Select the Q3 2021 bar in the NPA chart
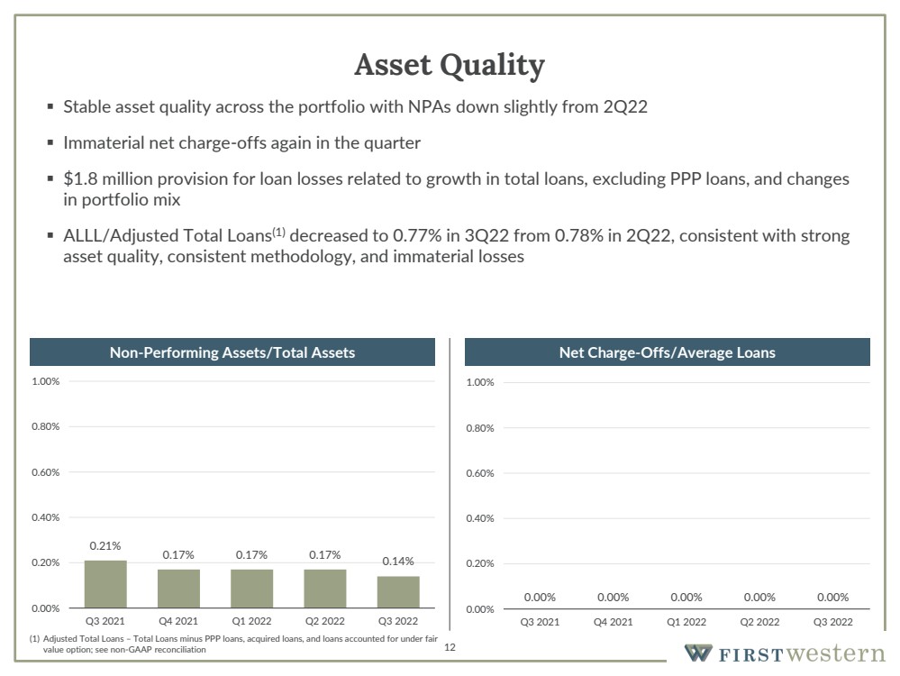click(x=105, y=584)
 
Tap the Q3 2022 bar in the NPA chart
click(x=398, y=591)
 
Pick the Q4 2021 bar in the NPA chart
click(x=179, y=589)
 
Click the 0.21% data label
click(x=105, y=545)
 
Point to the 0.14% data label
click(x=398, y=562)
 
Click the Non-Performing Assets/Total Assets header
click(x=232, y=352)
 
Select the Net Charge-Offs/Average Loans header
click(x=667, y=352)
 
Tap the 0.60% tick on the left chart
click(x=45, y=472)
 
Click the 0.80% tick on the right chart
click(x=480, y=428)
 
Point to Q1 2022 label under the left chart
click(x=251, y=621)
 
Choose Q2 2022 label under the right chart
click(x=759, y=622)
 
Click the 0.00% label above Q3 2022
click(x=832, y=598)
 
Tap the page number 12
click(x=450, y=647)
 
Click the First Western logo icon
click(x=698, y=653)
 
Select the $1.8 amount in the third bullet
click(x=80, y=178)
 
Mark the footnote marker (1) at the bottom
click(x=34, y=639)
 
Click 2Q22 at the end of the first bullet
click(x=625, y=107)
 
